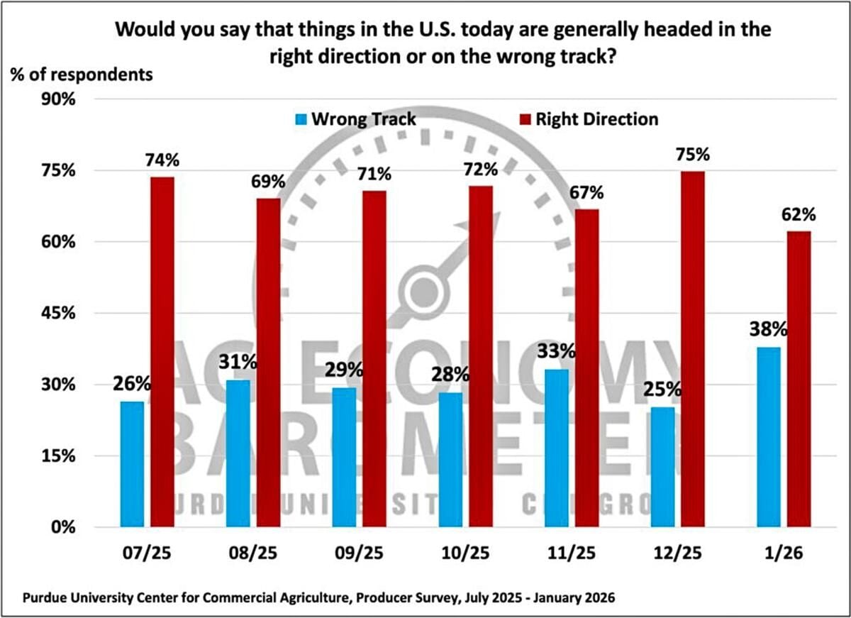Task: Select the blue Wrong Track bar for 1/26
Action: coord(769,437)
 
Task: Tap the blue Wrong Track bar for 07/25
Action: coord(132,464)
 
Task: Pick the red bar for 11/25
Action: coord(587,368)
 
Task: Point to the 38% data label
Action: coord(768,330)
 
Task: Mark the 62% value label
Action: coord(799,214)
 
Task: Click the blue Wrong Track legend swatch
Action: coord(299,119)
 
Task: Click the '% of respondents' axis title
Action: coord(81,74)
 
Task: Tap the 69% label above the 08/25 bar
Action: coord(268,182)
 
